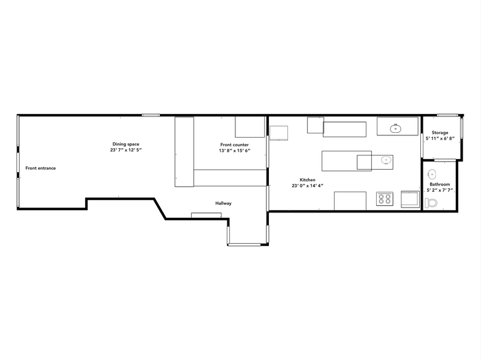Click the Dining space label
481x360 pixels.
(126, 144)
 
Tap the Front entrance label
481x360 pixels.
(40, 168)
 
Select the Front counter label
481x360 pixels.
(234, 144)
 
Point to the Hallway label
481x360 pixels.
(223, 203)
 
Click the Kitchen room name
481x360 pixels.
(308, 180)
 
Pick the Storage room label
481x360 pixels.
(440, 133)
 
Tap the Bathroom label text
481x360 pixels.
(439, 184)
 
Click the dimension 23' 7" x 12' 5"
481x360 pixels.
(126, 150)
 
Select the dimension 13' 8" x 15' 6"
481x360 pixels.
(234, 151)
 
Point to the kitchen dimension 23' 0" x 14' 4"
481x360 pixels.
(308, 186)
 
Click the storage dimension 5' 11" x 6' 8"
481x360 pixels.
(440, 138)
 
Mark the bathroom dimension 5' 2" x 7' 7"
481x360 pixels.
(439, 190)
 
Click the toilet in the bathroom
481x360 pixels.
(431, 203)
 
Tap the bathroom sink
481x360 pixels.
(431, 174)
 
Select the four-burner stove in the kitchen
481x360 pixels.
(385, 198)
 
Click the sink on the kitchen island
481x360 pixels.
(386, 160)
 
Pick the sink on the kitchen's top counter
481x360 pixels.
(396, 129)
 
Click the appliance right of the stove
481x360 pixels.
(410, 199)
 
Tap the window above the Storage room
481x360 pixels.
(447, 115)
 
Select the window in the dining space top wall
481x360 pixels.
(151, 115)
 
